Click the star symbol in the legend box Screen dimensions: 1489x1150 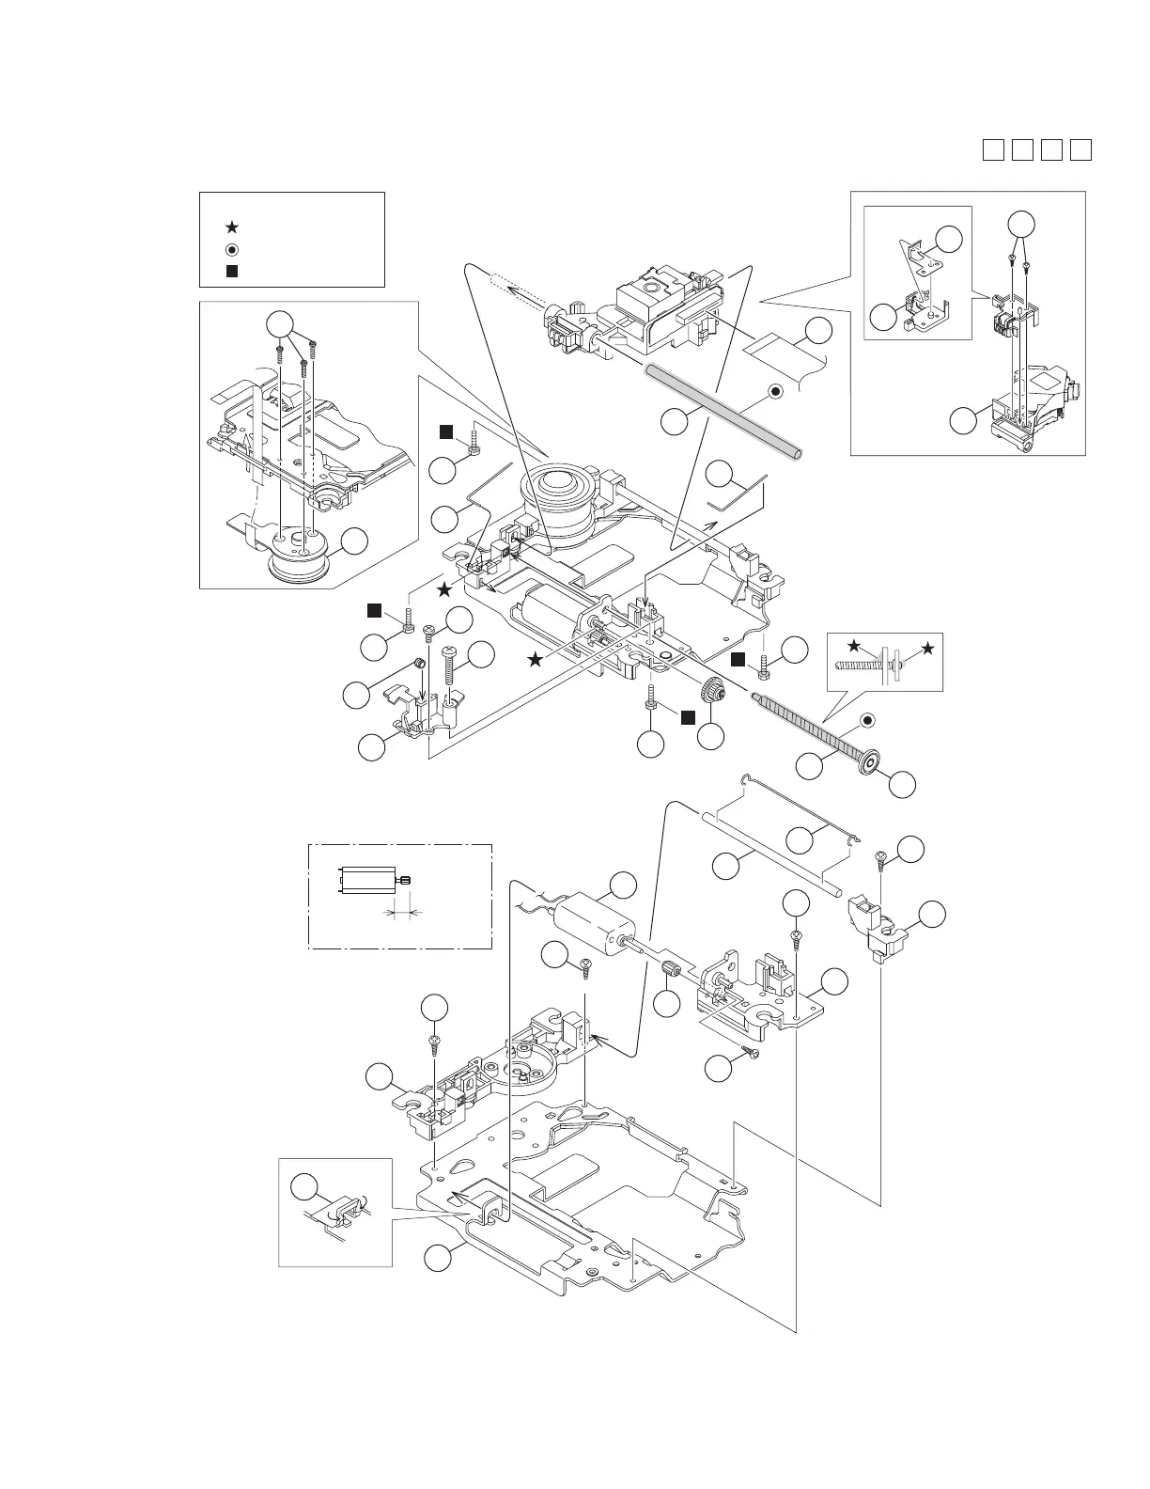point(232,227)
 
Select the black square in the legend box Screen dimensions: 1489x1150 point(232,271)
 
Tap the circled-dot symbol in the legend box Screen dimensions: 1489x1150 point(232,249)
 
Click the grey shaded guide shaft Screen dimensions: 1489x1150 point(723,413)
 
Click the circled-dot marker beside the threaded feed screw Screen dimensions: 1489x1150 point(868,720)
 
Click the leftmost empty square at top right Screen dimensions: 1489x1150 point(993,149)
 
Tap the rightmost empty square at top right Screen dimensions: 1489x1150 point(1080,149)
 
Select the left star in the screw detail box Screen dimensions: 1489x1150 point(853,647)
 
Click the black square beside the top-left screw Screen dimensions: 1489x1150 point(447,431)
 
